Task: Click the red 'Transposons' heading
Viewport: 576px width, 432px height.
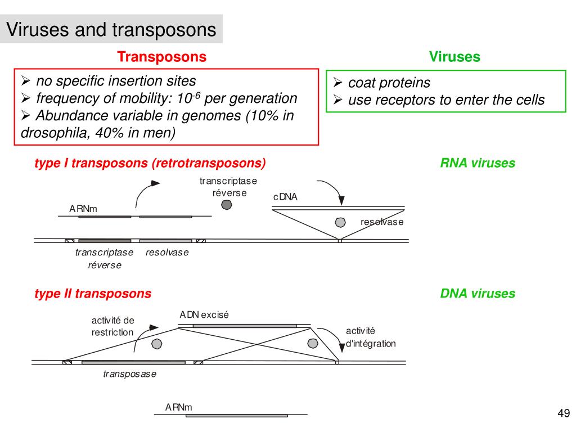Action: (162, 57)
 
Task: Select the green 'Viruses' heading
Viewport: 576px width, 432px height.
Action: (454, 57)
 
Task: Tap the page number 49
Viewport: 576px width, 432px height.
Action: (564, 414)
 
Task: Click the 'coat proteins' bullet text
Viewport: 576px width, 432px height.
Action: (389, 83)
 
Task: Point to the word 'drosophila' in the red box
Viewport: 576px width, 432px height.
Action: (49, 133)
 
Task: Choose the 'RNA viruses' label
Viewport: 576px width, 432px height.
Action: (478, 163)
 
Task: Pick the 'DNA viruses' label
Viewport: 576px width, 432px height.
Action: (478, 293)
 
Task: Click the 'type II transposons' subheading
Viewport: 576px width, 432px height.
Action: (93, 293)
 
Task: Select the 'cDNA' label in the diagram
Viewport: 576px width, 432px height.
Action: (285, 197)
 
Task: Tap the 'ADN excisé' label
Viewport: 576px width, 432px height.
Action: (204, 315)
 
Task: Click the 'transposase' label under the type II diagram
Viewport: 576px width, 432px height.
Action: (130, 374)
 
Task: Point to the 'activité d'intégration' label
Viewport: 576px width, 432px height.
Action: (371, 337)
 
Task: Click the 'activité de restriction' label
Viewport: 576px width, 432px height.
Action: (113, 326)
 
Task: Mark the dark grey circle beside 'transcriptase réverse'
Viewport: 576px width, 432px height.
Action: (227, 205)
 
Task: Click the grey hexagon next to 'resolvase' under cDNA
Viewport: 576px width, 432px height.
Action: (340, 222)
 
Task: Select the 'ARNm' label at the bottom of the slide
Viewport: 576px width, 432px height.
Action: (179, 407)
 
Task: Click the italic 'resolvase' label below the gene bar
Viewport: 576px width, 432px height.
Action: (167, 253)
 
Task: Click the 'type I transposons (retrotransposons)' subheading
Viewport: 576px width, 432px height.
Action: (150, 163)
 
